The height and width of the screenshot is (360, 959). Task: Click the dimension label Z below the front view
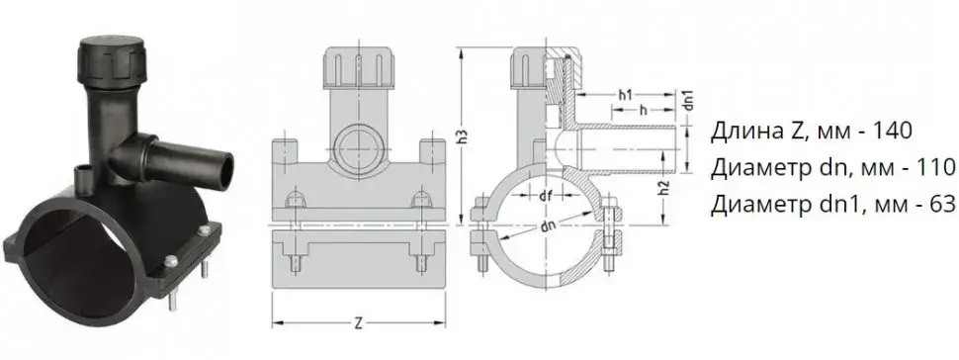click(x=359, y=324)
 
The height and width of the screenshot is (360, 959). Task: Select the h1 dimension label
click(x=625, y=95)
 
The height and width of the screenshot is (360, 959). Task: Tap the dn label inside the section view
click(x=548, y=225)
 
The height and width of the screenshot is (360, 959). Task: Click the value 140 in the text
click(x=894, y=132)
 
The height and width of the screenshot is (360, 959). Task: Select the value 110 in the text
click(x=936, y=166)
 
